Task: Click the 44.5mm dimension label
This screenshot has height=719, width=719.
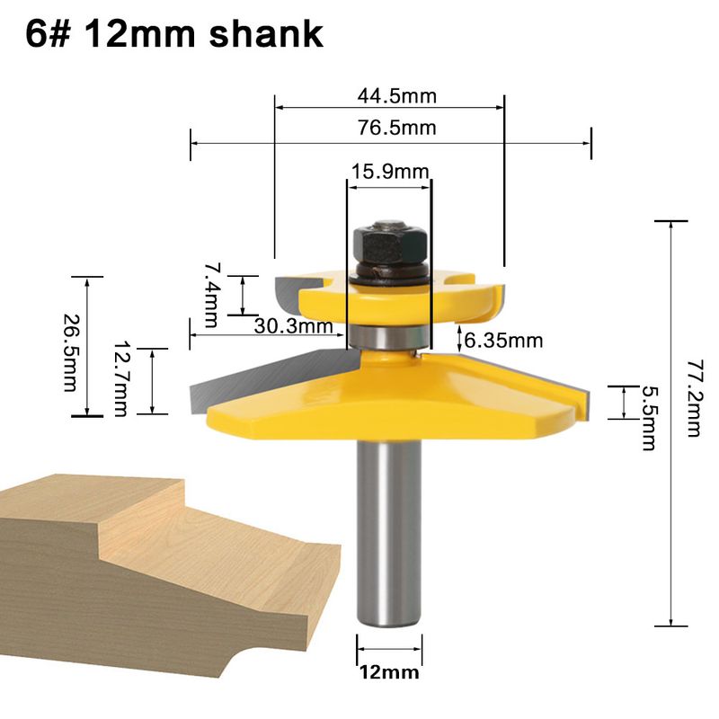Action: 397,96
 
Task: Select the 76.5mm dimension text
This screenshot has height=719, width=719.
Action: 397,128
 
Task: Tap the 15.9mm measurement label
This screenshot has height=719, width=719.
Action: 390,172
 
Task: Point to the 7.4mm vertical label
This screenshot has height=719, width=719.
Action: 212,295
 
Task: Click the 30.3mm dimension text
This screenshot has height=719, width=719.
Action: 294,326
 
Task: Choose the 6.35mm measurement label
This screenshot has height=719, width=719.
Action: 503,341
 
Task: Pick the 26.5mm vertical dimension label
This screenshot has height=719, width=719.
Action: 70,352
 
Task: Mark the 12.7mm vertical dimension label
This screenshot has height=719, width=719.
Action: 121,378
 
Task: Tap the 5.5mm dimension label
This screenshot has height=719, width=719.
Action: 648,418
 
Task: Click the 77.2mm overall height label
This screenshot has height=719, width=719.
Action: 694,398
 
